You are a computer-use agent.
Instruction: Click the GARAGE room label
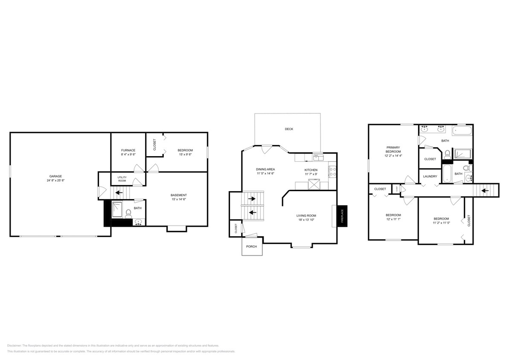click(x=55, y=176)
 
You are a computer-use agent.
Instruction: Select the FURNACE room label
click(x=128, y=150)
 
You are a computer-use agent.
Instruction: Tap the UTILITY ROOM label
click(x=122, y=180)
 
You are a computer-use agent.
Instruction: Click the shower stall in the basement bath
click(x=117, y=209)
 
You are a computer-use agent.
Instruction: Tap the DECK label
click(x=289, y=129)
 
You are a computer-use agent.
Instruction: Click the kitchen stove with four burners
click(x=332, y=171)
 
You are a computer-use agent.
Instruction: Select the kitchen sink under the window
click(x=317, y=158)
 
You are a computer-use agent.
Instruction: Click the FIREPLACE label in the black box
click(x=342, y=215)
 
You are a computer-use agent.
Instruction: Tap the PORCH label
click(x=252, y=247)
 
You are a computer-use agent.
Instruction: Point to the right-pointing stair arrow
click(x=253, y=198)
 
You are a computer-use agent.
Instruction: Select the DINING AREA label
click(x=265, y=169)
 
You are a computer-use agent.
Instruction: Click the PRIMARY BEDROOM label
click(x=393, y=149)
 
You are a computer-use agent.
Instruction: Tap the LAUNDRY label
click(x=430, y=176)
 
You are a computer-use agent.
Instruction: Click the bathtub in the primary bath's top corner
click(x=462, y=130)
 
